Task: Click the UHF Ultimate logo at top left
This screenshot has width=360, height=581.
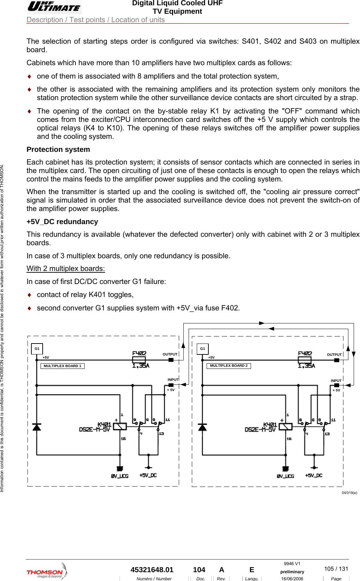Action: click(54, 7)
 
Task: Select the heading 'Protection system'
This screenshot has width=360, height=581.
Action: click(58, 149)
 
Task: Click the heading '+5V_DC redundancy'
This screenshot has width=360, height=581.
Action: click(62, 222)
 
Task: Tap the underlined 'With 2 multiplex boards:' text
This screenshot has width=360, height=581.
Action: click(66, 268)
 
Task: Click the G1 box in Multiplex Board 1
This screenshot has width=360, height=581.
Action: click(37, 349)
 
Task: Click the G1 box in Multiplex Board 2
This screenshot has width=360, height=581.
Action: click(203, 349)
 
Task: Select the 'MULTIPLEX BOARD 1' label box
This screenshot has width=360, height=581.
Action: click(62, 366)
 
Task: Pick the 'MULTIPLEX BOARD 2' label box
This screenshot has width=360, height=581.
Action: click(228, 366)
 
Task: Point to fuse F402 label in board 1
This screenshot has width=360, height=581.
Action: click(139, 353)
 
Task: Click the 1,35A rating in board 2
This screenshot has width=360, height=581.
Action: click(306, 366)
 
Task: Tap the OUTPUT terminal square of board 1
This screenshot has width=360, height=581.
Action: click(171, 360)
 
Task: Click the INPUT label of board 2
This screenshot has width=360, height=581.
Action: click(336, 381)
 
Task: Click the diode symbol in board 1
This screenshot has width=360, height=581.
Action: click(37, 427)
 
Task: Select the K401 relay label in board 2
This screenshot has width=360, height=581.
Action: click(270, 424)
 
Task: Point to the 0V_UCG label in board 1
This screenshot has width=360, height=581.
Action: click(120, 476)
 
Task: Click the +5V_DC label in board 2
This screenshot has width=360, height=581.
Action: click(313, 476)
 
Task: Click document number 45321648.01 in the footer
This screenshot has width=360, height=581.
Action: click(152, 570)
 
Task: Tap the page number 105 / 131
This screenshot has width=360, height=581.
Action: click(336, 569)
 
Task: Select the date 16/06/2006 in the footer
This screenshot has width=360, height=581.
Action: click(292, 579)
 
